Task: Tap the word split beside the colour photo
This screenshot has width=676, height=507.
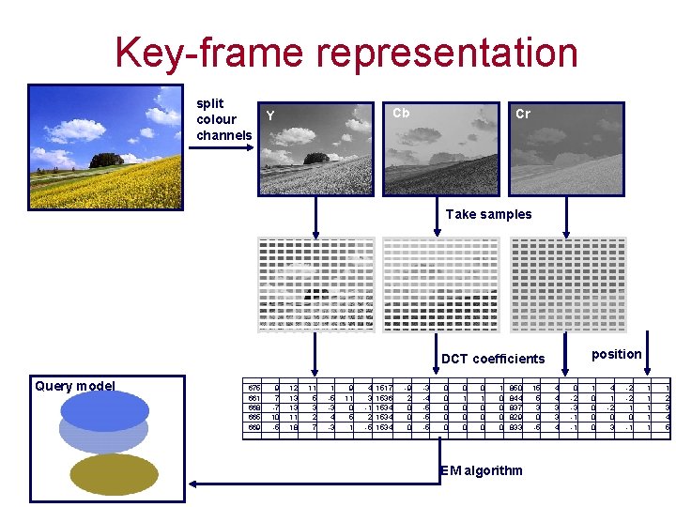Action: coord(209,103)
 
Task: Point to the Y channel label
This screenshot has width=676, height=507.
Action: coord(270,116)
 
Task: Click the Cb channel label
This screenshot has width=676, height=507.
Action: coord(401,114)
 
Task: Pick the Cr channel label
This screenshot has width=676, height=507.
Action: coord(523,115)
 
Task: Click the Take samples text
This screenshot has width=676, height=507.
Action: coord(488,214)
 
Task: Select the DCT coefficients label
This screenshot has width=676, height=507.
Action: coord(493,359)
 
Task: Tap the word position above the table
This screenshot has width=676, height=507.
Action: coord(617,354)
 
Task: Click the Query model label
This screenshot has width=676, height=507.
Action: coord(74,386)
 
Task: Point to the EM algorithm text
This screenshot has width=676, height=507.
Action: coord(481,469)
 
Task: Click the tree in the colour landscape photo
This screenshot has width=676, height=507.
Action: coord(107,159)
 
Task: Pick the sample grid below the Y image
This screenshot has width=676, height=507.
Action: coord(316,284)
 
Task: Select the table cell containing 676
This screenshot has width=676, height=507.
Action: coord(253,388)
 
